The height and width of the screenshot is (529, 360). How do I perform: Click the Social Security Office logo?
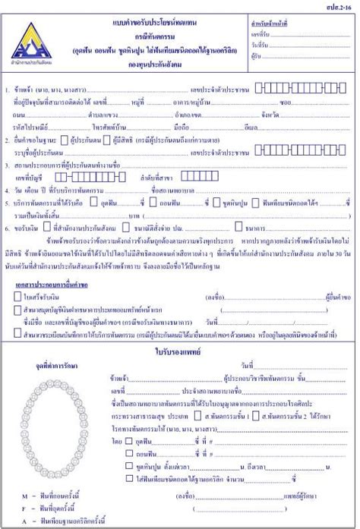[27, 33]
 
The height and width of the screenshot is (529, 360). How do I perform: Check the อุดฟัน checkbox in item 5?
[93, 202]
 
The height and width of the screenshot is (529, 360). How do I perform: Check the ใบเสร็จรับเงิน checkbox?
[17, 296]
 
